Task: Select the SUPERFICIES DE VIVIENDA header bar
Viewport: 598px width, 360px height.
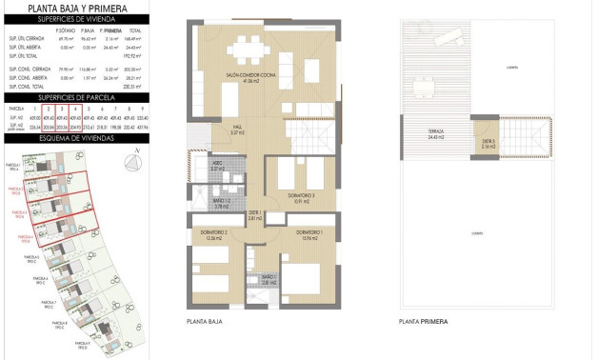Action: click(75, 19)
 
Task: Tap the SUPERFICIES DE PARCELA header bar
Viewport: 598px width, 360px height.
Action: click(75, 97)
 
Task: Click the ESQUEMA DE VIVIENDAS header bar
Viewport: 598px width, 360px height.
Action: click(75, 138)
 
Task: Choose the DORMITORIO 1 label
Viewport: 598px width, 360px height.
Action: click(309, 234)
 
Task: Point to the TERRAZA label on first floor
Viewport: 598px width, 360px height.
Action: click(437, 135)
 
